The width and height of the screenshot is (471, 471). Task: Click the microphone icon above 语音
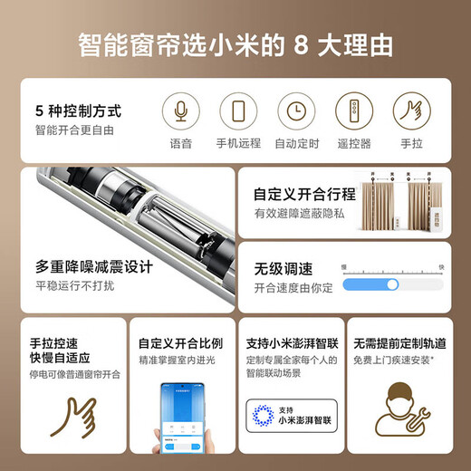(180, 111)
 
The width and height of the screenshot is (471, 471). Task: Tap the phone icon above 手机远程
(237, 111)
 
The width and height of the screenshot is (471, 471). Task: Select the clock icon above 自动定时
(295, 111)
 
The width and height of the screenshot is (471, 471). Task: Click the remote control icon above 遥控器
(354, 111)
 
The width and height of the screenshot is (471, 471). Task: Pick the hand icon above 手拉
(412, 111)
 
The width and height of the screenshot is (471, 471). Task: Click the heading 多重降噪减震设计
(94, 267)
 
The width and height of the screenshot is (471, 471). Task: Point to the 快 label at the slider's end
(440, 266)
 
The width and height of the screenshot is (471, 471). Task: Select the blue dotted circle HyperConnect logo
(264, 418)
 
